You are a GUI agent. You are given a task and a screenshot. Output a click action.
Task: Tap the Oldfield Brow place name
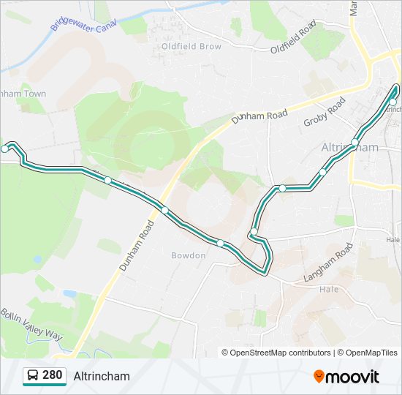(191, 46)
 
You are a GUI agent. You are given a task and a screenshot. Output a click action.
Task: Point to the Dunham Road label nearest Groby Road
(260, 108)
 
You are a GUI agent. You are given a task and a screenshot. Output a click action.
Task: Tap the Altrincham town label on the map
(350, 147)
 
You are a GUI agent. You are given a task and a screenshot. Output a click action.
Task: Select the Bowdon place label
(189, 255)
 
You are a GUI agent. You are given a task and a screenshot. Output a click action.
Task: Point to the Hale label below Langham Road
(330, 289)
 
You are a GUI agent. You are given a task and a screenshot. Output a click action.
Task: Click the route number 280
(53, 375)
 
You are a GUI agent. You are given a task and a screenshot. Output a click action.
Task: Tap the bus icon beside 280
(33, 376)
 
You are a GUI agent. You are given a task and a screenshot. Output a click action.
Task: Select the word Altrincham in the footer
(102, 376)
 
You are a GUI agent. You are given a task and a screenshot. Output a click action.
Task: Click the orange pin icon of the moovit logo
(319, 376)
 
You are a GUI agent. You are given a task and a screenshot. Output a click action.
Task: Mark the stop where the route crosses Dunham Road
(165, 211)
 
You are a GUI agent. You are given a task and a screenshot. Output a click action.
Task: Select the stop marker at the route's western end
(5, 148)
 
